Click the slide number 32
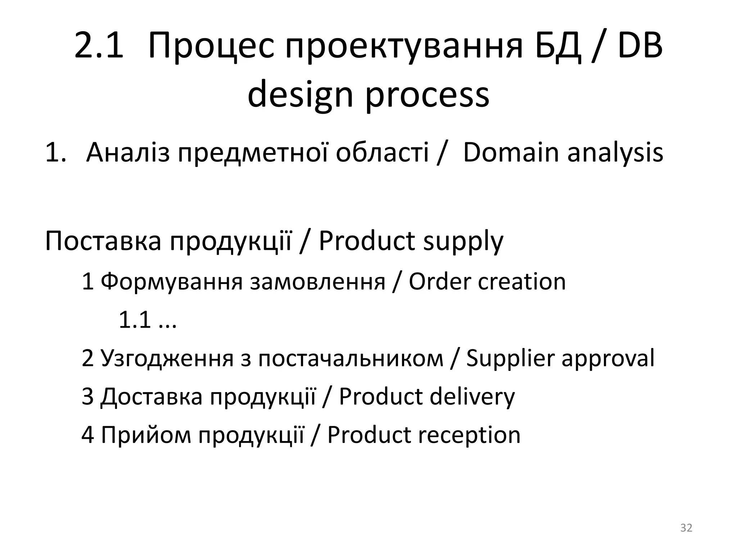(686, 528)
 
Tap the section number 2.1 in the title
(99, 46)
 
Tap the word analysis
(615, 152)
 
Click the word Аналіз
(128, 152)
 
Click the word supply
(463, 242)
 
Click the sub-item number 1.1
(134, 320)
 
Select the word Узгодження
(167, 358)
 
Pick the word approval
(608, 359)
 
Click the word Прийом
(146, 435)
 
